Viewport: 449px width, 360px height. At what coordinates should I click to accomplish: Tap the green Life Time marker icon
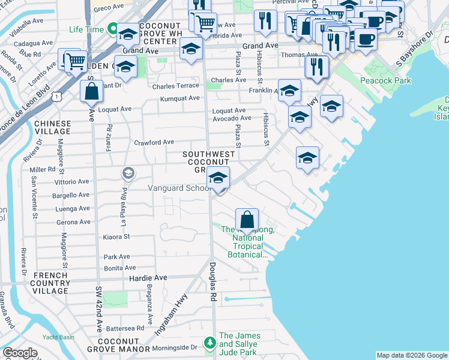[112, 28]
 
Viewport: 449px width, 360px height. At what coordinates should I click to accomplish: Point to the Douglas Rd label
[212, 281]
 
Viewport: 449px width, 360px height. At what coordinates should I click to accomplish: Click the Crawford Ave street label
[154, 142]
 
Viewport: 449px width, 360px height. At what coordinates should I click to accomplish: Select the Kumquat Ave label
[179, 98]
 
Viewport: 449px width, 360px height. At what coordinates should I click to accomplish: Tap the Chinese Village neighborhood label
[52, 127]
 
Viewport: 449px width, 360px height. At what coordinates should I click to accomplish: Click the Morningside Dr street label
[177, 347]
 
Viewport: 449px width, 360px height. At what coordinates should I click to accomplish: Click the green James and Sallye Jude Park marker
[209, 343]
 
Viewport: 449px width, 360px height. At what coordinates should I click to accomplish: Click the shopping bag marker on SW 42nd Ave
[91, 92]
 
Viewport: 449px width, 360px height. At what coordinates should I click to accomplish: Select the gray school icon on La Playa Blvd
[127, 173]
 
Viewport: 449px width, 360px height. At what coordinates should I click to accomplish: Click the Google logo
[20, 353]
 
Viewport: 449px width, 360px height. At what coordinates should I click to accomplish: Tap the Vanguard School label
[178, 188]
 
